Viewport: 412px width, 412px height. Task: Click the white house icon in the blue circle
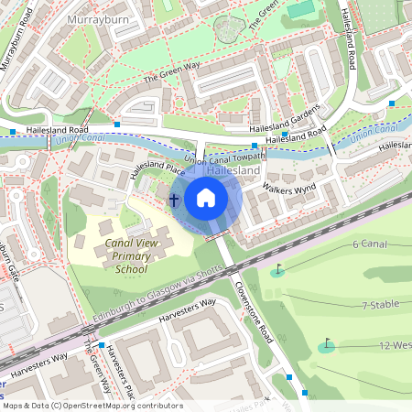click(x=206, y=197)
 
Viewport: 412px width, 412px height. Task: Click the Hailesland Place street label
click(x=157, y=169)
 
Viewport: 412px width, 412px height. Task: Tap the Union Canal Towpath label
click(x=224, y=159)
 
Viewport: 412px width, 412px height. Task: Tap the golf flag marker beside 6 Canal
click(x=277, y=271)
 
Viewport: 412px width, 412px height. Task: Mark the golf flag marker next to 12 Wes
click(x=327, y=345)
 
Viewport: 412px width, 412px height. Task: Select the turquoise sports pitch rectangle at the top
click(x=299, y=10)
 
